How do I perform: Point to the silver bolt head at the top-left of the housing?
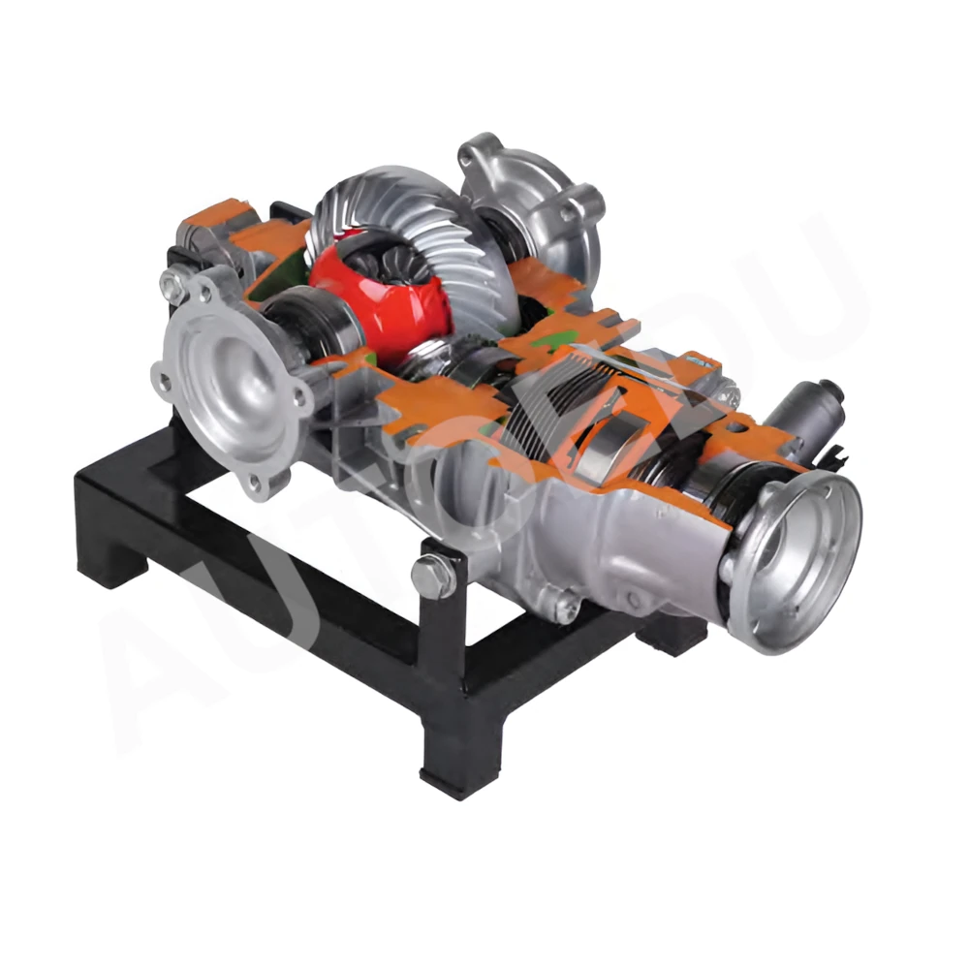[x=172, y=284]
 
